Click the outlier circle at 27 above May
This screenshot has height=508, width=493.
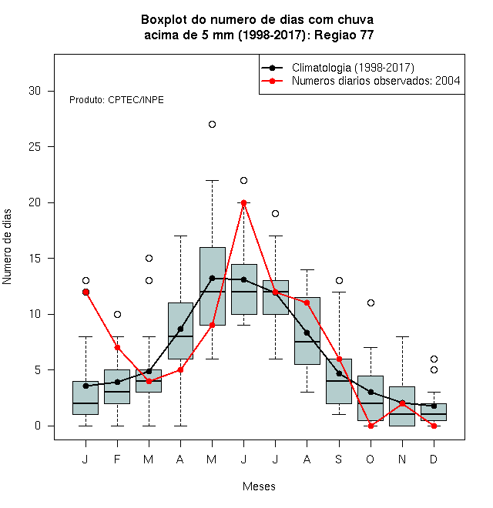pos(212,125)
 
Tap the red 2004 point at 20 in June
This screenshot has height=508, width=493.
pos(244,202)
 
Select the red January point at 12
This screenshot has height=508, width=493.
pos(86,292)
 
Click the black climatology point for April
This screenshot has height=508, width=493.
pos(181,329)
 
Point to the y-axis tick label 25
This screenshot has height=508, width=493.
pos(35,147)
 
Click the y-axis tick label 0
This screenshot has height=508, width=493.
pos(38,426)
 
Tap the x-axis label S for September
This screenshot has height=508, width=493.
pos(339,459)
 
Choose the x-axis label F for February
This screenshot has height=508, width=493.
pos(117,459)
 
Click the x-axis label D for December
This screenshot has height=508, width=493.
pos(434,459)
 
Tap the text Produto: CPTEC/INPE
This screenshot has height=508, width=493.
pos(116,100)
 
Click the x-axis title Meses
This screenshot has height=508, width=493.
pos(259,486)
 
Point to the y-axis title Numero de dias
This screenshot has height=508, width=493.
pos(7,247)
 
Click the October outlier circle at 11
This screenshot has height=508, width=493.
pos(371,303)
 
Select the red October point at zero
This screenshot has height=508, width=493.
pos(371,426)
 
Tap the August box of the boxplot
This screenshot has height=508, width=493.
pos(307,331)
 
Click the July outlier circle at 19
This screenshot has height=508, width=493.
pos(275,214)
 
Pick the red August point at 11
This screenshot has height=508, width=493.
pos(307,303)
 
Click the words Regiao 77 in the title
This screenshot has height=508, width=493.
pos(344,35)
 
